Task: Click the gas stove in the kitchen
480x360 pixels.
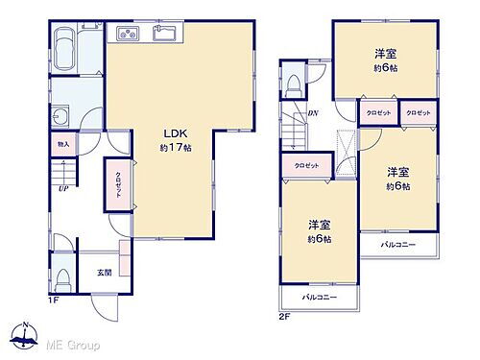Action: point(127,36)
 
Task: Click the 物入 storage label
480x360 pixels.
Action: point(62,143)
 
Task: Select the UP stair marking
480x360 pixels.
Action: point(62,189)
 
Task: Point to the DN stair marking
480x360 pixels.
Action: point(313,113)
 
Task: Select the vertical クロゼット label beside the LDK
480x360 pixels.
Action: point(118,182)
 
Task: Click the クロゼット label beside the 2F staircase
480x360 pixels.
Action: point(306,167)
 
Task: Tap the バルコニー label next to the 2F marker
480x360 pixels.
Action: point(318,300)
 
